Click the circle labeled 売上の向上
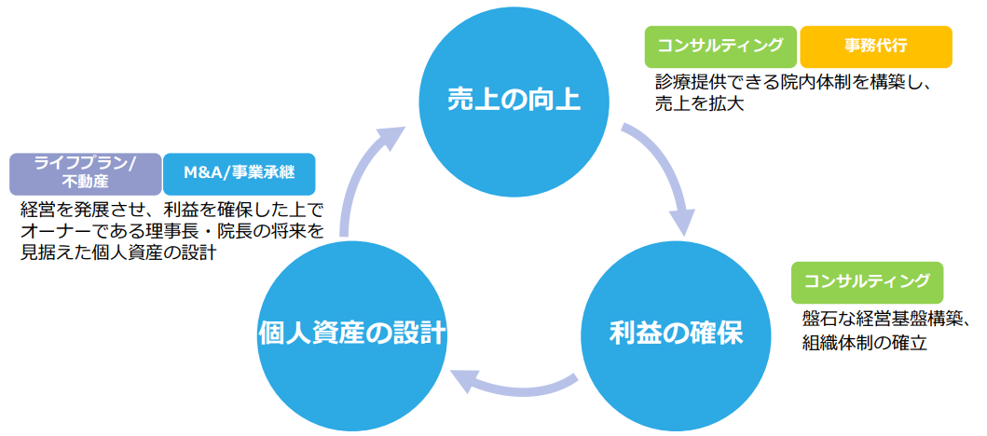pos(513,98)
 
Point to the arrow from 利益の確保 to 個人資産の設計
pos(513,384)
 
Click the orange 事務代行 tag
pos(875,46)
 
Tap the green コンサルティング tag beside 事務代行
pos(720,46)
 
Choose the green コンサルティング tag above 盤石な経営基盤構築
pos(867,281)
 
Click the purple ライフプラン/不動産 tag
pos(85,172)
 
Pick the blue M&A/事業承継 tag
pos(239,172)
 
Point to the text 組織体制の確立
pos(865,342)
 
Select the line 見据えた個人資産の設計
pos(118,252)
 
